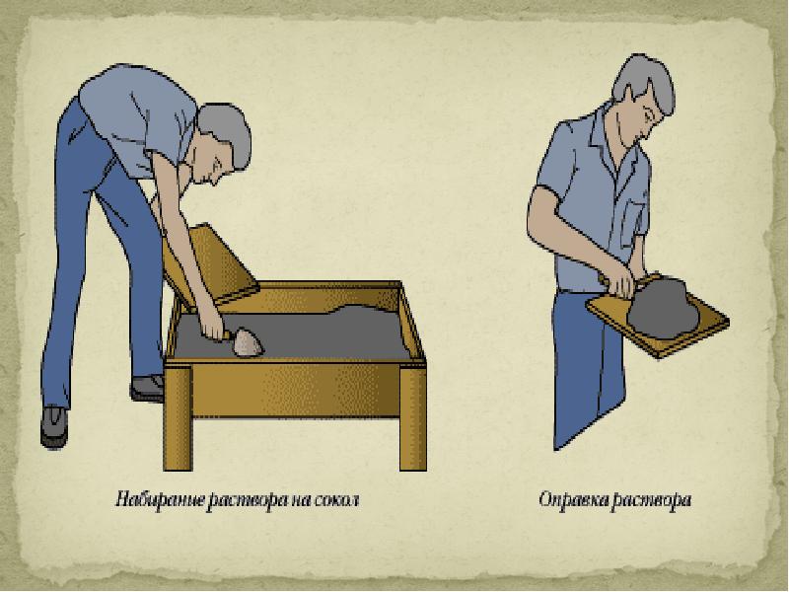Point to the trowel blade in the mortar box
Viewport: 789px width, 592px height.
click(x=249, y=342)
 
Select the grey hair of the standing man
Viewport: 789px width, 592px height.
click(x=647, y=81)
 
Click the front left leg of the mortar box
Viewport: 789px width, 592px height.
click(x=179, y=416)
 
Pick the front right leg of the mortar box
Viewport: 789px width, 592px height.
click(x=412, y=417)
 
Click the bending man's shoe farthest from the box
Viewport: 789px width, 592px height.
click(x=54, y=427)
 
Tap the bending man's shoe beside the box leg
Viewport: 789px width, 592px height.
click(x=147, y=388)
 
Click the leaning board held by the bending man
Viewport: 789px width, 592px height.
click(x=211, y=266)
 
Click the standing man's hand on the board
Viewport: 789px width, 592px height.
click(x=620, y=282)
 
